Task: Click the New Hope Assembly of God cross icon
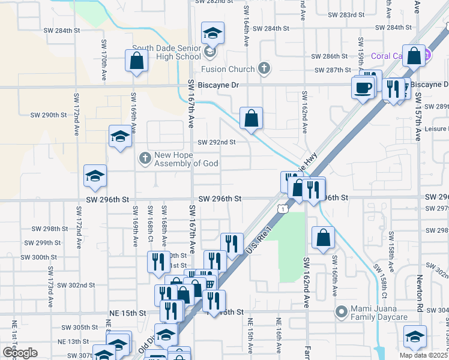[144, 158]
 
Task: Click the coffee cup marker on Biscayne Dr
[363, 88]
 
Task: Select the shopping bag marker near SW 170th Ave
[137, 60]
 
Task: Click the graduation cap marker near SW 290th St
[120, 137]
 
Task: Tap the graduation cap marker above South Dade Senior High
[212, 34]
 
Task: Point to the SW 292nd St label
[216, 142]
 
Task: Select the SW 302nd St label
[77, 285]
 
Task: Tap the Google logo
[19, 353]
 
